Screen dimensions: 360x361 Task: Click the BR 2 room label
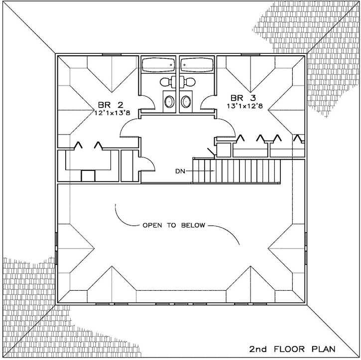(x=110, y=105)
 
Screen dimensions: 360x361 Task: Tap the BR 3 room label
(x=241, y=97)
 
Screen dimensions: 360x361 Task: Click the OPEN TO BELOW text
(x=174, y=225)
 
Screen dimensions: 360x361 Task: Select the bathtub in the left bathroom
(x=158, y=65)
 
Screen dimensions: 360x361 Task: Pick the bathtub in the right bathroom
(x=198, y=65)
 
